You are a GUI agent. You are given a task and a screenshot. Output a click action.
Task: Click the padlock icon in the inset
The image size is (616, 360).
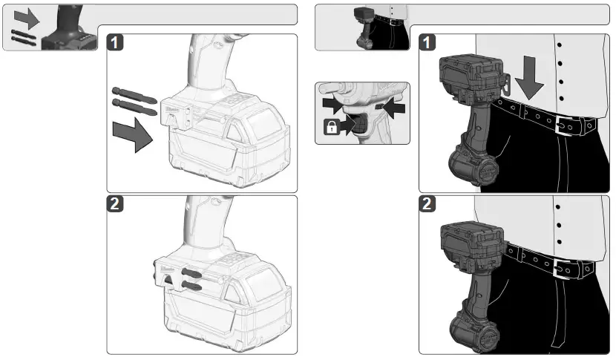coord(330,128)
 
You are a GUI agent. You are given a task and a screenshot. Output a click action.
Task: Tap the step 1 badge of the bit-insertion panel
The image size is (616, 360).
coord(116,42)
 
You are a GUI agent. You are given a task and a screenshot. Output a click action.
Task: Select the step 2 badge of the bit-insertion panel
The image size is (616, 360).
coord(116,206)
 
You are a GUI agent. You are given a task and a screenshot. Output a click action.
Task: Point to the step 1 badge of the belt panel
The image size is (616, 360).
coord(427,42)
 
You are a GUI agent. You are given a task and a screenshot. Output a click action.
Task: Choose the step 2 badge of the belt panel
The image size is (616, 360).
coord(427,206)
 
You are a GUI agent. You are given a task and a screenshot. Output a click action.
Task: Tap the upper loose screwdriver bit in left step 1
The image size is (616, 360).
coord(133,95)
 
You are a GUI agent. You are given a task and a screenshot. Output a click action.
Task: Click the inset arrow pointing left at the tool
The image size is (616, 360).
coord(394,109)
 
